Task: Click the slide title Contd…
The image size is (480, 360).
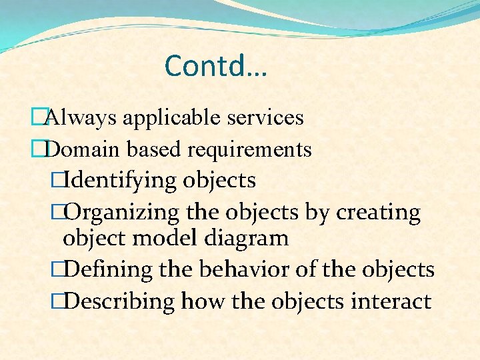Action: [215, 66]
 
